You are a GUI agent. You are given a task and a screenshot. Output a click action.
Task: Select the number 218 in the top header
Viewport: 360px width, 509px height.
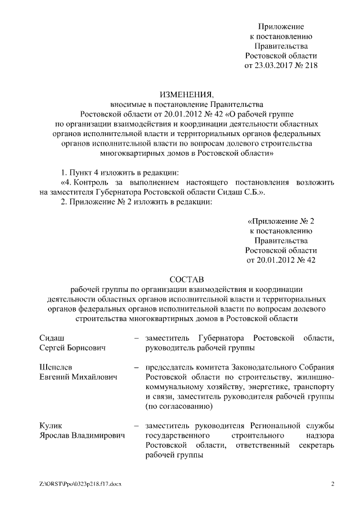[x=310, y=66]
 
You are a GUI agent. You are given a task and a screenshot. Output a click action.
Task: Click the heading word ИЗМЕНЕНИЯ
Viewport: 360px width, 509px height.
[x=180, y=93]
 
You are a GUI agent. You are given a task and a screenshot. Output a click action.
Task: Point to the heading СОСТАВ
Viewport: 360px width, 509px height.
[x=180, y=278]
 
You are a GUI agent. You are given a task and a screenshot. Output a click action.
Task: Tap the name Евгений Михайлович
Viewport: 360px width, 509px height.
[x=78, y=377]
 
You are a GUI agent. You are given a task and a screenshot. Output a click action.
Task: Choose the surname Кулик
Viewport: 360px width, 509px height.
[x=50, y=426]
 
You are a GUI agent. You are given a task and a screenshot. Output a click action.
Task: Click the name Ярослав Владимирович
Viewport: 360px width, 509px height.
[x=82, y=436]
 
